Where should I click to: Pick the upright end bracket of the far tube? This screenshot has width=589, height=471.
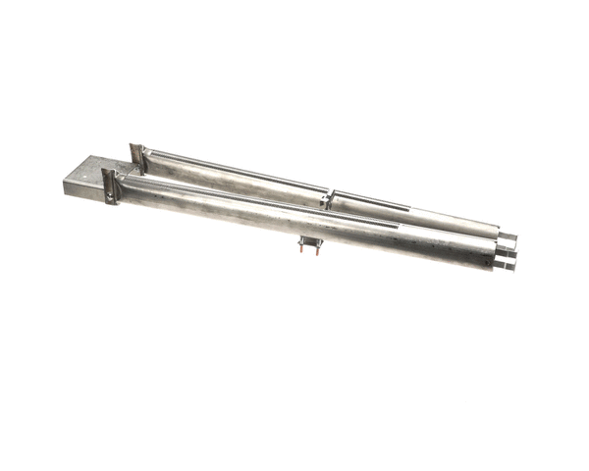point(138,156)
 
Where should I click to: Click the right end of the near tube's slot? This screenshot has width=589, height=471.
point(399,225)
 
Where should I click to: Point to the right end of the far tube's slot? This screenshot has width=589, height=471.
point(408,209)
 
